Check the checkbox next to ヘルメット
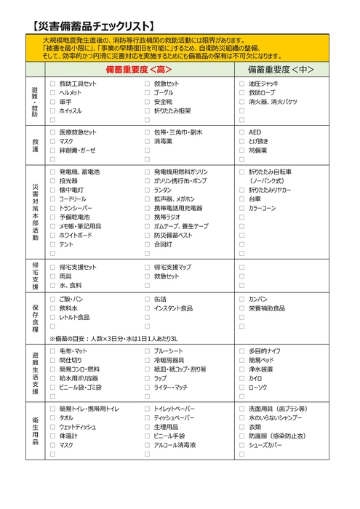[52, 93]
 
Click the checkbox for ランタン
[147, 190]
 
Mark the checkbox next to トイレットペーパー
[147, 409]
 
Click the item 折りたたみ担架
[173, 111]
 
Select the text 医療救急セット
[78, 132]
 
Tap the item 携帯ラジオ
[167, 217]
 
